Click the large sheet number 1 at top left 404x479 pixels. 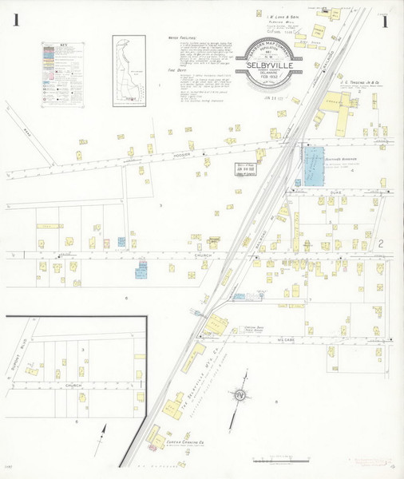(x=15, y=21)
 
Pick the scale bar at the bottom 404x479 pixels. (x=272, y=460)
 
